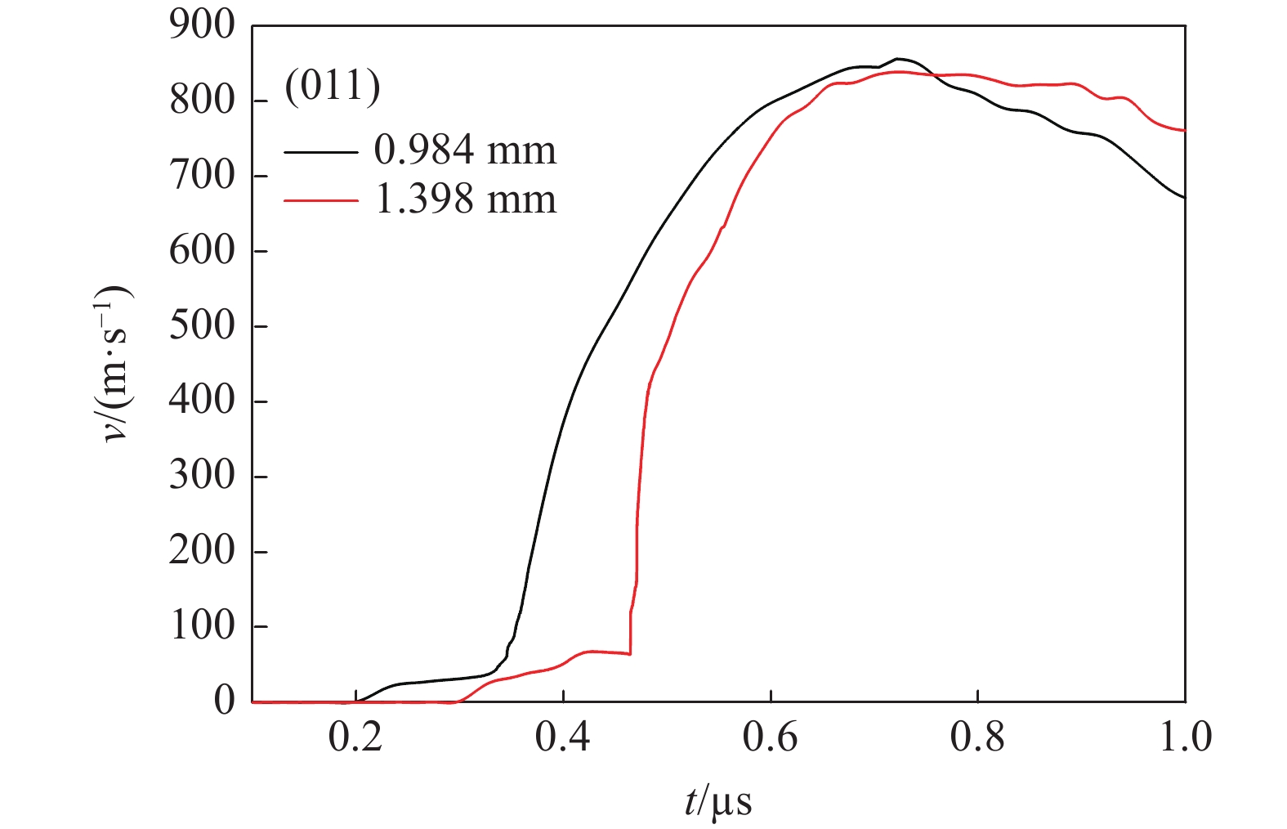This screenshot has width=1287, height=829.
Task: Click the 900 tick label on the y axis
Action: pos(201,26)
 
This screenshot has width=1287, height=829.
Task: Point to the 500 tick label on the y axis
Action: pos(201,326)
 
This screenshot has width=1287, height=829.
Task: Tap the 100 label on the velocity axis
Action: pos(201,626)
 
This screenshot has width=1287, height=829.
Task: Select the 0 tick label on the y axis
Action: pos(224,701)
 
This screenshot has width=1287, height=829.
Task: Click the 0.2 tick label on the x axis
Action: pos(355,737)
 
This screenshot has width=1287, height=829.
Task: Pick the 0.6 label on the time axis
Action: pos(770,737)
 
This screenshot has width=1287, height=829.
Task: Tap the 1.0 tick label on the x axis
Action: pos(1184,737)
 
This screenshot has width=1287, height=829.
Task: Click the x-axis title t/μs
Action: pos(718,802)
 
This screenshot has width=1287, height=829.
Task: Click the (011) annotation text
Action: pos(333,86)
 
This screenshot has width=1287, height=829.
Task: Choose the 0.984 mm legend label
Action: pos(465,150)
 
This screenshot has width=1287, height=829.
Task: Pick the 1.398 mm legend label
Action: pos(465,199)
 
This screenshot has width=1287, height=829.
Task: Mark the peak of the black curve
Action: pos(897,59)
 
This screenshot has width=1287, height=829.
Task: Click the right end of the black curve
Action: pos(1184,197)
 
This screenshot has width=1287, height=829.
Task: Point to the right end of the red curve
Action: pos(1184,130)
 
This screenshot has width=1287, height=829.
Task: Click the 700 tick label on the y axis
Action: pos(201,176)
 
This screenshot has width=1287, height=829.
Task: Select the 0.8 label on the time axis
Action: pos(977,737)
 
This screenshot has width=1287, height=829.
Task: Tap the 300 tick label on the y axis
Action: pos(201,476)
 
